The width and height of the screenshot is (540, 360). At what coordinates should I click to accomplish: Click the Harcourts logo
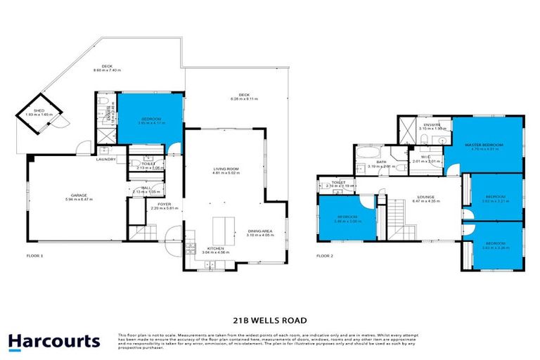pos(53,342)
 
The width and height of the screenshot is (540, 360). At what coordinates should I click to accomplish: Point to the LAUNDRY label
pos(106,159)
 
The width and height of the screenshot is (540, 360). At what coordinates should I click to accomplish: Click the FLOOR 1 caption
pos(34,256)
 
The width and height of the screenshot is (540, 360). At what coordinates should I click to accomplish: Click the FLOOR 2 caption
pos(325,256)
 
